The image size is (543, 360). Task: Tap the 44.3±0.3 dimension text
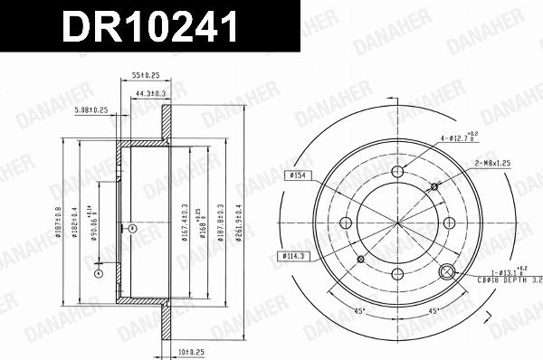click(x=150, y=92)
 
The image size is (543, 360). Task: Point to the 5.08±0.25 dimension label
click(x=91, y=110)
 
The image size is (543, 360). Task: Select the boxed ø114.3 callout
click(x=291, y=257)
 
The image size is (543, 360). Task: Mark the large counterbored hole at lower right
click(x=446, y=272)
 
